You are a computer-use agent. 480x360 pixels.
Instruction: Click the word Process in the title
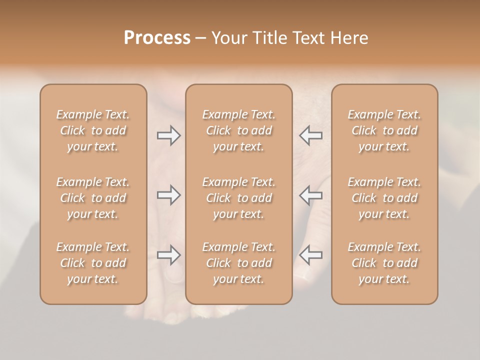[157, 38]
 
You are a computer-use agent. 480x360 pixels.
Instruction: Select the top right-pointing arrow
[169, 135]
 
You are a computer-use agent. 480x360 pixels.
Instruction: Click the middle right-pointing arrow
[169, 195]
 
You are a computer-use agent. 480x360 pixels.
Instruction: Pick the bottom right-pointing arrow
[169, 255]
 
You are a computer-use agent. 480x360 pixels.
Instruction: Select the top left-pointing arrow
[310, 135]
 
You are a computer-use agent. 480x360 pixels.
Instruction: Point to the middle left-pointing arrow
[310, 195]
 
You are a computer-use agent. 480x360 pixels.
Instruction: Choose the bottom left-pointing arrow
[310, 255]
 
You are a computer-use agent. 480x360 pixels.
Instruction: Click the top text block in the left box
[93, 130]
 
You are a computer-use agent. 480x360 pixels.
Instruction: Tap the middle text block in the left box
[93, 198]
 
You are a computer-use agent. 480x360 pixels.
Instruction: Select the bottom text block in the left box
[93, 263]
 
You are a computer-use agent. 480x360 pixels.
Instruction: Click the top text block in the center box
[238, 130]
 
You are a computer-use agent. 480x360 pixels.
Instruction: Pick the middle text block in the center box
[238, 198]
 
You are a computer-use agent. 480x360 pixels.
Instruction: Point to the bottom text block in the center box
[238, 263]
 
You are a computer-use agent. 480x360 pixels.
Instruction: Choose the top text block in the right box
[384, 130]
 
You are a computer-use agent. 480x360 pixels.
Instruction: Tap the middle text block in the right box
[384, 198]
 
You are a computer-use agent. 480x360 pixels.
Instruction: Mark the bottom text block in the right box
[384, 263]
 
